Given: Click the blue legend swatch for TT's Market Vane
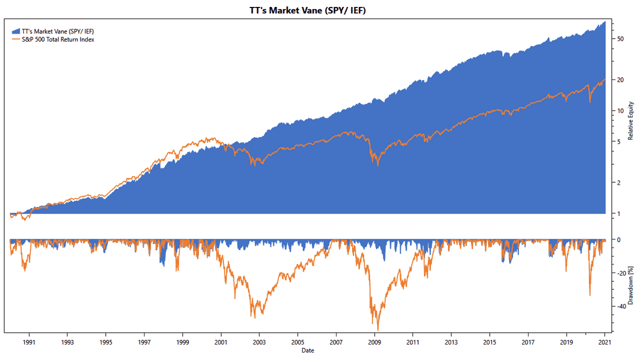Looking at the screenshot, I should click(17, 31).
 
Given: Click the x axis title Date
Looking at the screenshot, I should click(307, 350).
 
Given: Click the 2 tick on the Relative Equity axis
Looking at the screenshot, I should click(618, 183).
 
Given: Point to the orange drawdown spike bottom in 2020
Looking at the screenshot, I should click(589, 295).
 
